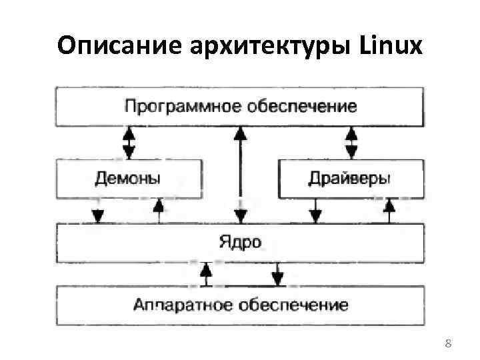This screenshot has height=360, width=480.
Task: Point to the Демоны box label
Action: [127, 178]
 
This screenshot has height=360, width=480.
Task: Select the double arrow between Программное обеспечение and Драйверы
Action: [349, 142]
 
